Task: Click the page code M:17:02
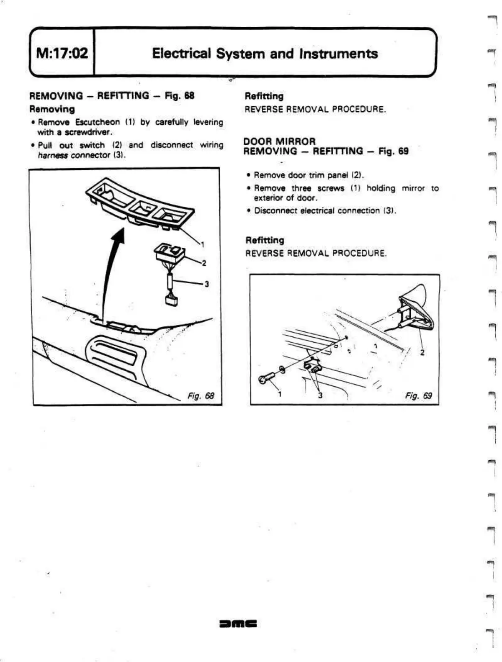[x=62, y=53]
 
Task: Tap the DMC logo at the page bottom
[x=237, y=624]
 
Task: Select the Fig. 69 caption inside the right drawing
[x=418, y=395]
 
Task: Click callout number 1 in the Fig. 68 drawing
[x=202, y=244]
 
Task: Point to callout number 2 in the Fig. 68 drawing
[x=204, y=263]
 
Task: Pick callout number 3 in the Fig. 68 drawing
[x=206, y=284]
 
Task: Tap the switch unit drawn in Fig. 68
[x=169, y=253]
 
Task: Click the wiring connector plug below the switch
[x=171, y=300]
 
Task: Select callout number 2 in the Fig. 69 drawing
[x=422, y=352]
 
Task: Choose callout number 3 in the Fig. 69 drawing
[x=320, y=395]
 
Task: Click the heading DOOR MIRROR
[x=279, y=141]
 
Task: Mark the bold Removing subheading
[x=52, y=109]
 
